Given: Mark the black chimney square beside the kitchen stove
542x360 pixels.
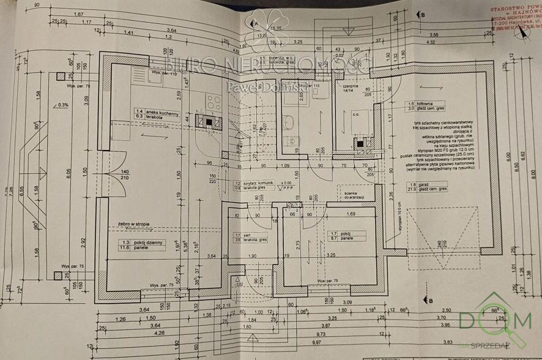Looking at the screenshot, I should (209, 121).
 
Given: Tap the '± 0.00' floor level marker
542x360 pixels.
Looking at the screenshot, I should (286, 182).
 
